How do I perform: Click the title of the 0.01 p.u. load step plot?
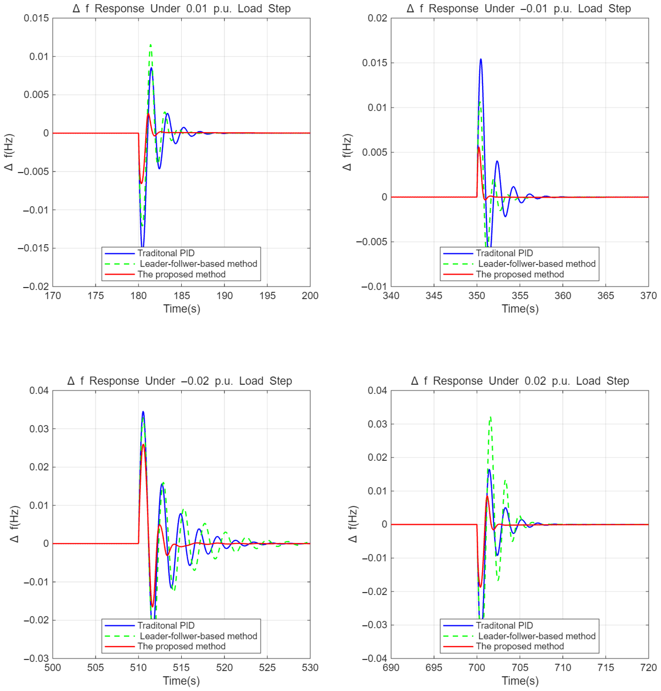click(181, 9)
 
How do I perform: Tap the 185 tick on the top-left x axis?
click(181, 296)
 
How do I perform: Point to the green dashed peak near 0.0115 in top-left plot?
click(151, 45)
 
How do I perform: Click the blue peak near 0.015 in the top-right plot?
click(480, 60)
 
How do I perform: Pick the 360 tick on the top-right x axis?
click(563, 296)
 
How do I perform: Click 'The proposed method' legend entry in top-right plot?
click(520, 274)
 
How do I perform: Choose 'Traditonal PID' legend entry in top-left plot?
click(166, 253)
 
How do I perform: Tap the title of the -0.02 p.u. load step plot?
click(180, 381)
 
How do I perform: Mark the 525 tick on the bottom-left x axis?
click(267, 668)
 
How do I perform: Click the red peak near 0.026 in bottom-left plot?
click(143, 445)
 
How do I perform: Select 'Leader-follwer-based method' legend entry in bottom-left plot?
click(198, 636)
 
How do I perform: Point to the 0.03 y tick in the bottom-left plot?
click(39, 429)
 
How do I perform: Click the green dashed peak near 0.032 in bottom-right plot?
click(490, 418)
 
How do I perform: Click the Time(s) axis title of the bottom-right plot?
click(520, 681)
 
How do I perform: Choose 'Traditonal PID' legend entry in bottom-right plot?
click(504, 625)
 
